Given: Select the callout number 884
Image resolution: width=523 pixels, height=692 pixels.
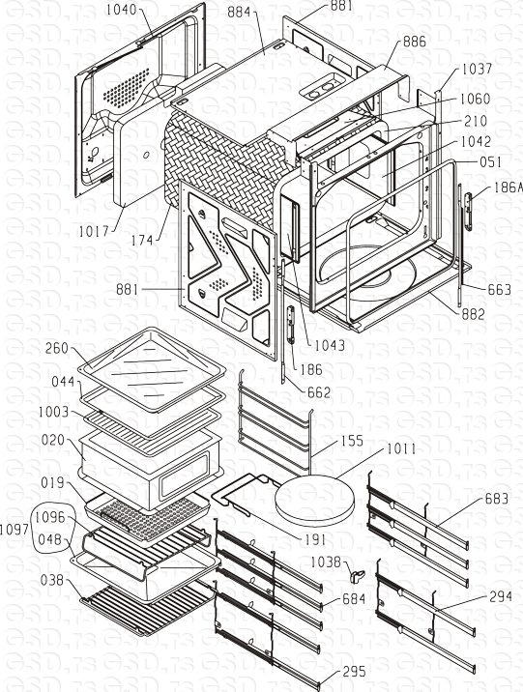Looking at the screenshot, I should tap(243, 13).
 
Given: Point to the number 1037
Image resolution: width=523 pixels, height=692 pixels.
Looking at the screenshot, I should tap(476, 70).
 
